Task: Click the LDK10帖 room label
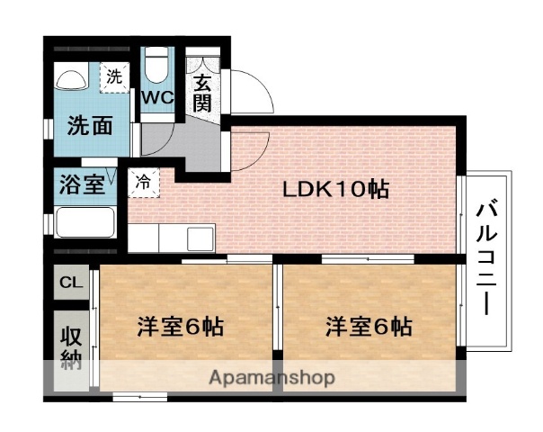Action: [x=335, y=190]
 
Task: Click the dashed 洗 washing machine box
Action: [x=113, y=77]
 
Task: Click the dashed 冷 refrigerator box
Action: [x=143, y=180]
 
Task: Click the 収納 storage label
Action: [x=71, y=350]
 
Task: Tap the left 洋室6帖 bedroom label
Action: [x=179, y=326]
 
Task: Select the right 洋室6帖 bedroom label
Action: [x=369, y=326]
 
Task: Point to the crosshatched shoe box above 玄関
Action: [x=200, y=62]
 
